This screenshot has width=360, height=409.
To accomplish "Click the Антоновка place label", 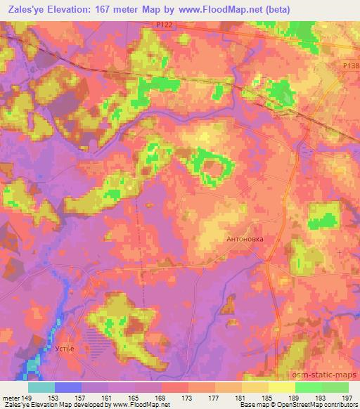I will click(245, 239).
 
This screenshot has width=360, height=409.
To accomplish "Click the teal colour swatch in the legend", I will click(41, 387).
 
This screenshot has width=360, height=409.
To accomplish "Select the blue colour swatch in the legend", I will click(68, 387).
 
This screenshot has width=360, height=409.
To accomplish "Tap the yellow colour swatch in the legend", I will click(282, 387).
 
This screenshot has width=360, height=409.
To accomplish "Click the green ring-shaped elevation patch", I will click(212, 167).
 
